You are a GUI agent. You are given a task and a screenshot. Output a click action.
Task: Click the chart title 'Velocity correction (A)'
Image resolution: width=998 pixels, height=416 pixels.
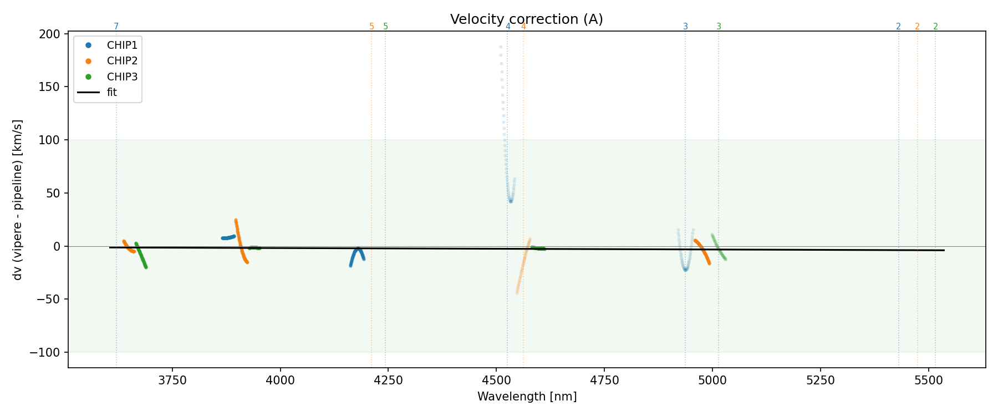(526, 19)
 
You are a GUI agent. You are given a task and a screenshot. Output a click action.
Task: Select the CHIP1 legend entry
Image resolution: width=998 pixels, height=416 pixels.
(122, 45)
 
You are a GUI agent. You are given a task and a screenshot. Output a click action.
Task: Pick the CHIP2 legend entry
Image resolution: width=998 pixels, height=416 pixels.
(122, 61)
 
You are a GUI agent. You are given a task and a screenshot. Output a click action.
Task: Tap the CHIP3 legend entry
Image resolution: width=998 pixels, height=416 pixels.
(122, 77)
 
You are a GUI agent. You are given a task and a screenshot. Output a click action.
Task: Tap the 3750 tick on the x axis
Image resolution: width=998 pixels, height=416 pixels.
(172, 381)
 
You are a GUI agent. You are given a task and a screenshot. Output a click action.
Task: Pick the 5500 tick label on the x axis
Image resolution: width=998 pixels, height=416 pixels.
(928, 381)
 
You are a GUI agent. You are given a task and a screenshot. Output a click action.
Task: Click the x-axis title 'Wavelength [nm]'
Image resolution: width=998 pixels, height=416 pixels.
(527, 397)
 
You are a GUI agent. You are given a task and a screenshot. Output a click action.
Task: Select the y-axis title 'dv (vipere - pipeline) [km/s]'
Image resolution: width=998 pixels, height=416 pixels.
(18, 200)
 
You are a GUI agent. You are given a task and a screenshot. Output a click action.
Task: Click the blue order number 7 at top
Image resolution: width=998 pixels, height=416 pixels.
(116, 27)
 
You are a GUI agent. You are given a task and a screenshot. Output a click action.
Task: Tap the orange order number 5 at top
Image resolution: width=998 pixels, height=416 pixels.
(371, 27)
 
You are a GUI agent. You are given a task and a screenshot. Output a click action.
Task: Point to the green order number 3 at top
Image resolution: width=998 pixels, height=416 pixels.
(719, 27)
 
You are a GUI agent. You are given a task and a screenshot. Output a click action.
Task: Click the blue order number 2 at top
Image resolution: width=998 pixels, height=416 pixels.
(898, 27)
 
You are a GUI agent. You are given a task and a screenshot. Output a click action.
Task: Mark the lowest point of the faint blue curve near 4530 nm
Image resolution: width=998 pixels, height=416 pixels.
(511, 201)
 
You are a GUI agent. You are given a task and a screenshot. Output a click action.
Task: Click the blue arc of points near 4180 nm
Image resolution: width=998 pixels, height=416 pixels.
(358, 252)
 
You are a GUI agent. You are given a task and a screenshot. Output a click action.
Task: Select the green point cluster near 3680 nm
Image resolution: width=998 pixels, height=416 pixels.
(141, 256)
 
